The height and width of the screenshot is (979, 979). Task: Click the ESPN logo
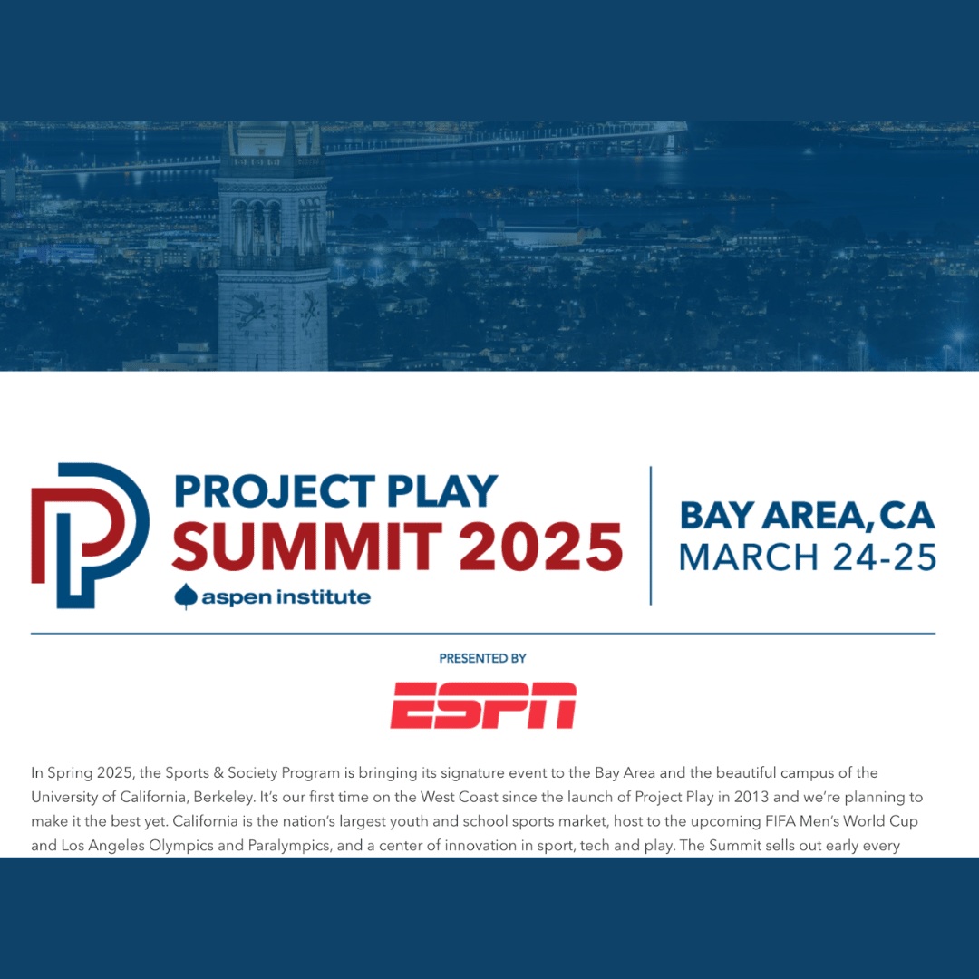pos(483,705)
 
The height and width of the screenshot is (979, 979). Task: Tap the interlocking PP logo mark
pos(90,535)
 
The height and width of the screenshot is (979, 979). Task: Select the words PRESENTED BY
pos(482,658)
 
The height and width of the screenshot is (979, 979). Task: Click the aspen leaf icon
pos(186,596)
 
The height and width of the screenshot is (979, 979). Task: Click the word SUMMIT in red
pos(307,547)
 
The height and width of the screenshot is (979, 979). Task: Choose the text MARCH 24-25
pos(808,557)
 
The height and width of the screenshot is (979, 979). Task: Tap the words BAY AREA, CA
pos(808,516)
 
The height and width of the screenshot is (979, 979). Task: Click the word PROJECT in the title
pos(275,490)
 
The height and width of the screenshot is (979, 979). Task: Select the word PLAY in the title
pos(442,490)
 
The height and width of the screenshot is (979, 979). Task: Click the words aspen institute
pos(286,596)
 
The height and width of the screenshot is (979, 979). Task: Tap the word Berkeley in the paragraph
pos(224,798)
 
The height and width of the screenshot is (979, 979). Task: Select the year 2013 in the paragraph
pos(751,797)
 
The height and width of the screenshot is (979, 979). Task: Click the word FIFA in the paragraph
pos(780,821)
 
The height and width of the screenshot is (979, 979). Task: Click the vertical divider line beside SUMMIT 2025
pos(651,536)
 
